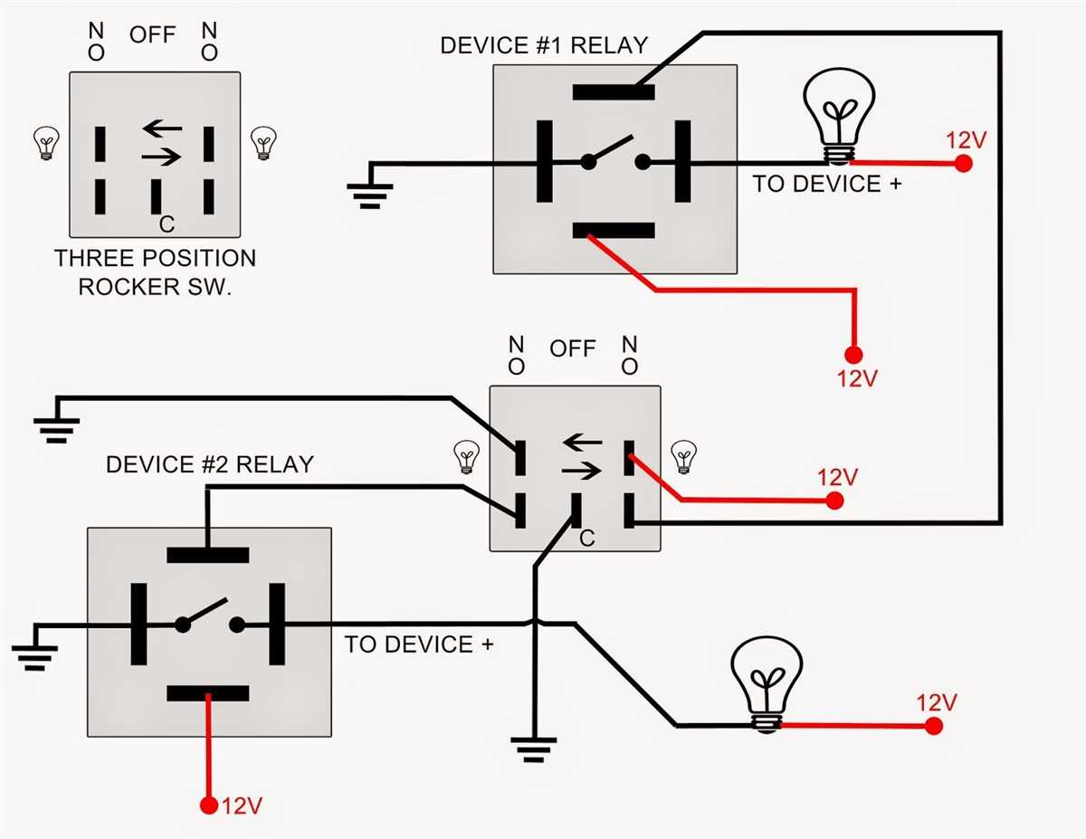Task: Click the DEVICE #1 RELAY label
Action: point(544,45)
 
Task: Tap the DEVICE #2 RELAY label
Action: point(209,464)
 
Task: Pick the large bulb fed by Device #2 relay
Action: point(767,682)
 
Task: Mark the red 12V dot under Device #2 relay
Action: point(209,804)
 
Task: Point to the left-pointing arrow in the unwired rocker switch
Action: point(161,128)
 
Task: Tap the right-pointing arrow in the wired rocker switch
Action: point(581,470)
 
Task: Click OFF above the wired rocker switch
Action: point(572,348)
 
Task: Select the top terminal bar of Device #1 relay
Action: point(614,91)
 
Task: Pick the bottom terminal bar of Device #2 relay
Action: point(208,694)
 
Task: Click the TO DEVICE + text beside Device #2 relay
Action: point(419,644)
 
